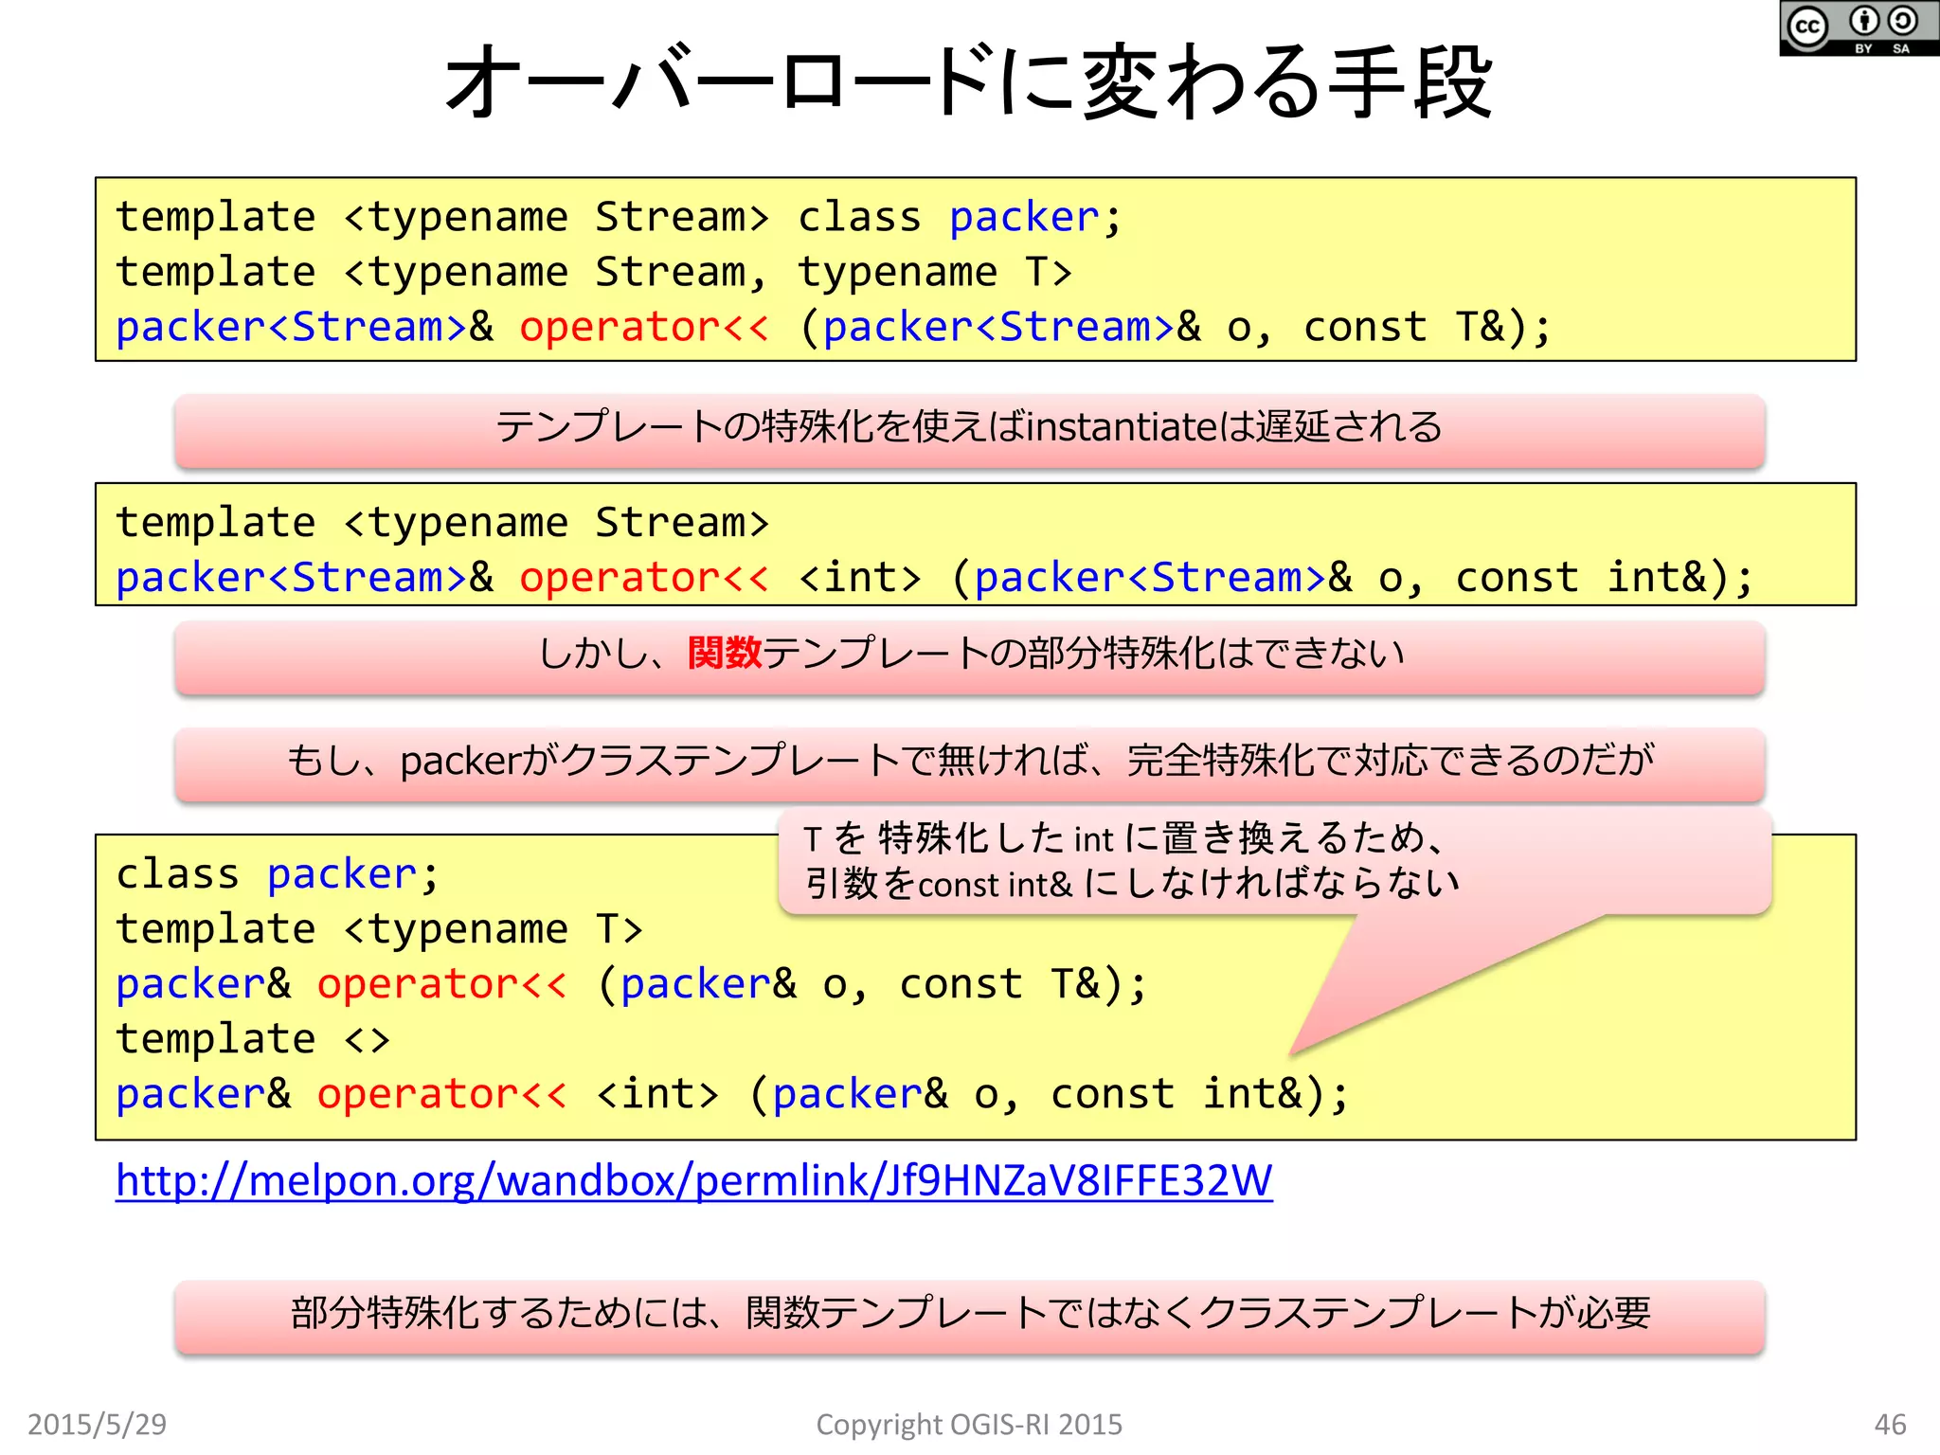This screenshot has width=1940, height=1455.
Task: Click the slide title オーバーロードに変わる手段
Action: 968,83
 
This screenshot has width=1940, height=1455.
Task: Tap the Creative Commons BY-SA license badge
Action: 1858,28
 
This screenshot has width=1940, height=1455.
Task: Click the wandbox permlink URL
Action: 693,1181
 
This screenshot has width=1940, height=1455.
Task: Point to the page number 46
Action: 1890,1424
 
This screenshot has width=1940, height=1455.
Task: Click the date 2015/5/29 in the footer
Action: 97,1424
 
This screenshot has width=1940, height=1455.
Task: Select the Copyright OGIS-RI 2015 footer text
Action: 968,1424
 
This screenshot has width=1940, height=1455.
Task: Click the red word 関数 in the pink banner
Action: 725,653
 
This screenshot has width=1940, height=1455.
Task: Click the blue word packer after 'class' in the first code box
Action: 1023,218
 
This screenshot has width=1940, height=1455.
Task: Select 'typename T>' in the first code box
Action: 934,273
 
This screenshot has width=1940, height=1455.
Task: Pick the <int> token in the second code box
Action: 859,577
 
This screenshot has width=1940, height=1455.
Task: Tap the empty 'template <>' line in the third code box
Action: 252,1039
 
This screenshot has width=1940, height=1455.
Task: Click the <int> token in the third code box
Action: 657,1094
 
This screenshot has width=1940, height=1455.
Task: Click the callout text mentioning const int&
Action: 1132,884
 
